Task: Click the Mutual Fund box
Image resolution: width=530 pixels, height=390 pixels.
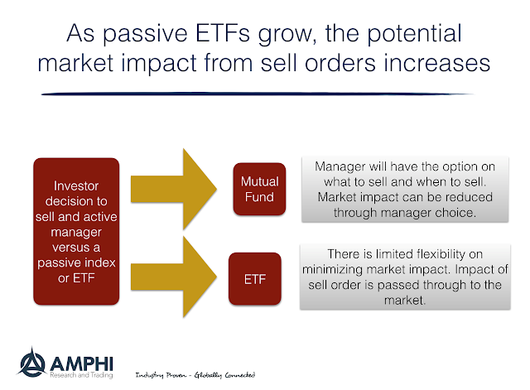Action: (259, 189)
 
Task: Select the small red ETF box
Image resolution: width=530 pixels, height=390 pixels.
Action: (255, 279)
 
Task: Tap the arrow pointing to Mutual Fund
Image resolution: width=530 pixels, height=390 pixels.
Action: (174, 190)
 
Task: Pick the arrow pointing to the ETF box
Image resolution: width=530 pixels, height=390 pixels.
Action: (174, 277)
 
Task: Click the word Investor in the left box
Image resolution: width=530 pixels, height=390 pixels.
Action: (76, 185)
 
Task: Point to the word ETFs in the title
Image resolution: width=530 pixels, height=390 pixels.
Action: (223, 33)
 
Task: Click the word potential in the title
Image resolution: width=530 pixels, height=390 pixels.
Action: (414, 34)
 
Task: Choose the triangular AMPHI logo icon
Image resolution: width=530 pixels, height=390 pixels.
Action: (31, 362)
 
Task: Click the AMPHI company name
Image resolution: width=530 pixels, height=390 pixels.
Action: (81, 364)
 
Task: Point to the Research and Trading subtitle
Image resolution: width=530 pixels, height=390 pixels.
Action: (81, 375)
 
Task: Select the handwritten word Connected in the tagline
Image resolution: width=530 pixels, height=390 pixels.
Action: (240, 375)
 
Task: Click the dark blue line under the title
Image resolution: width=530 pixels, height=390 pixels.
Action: (257, 94)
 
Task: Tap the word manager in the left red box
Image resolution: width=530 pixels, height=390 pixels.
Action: (76, 233)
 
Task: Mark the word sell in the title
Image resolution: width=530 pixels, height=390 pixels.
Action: (279, 63)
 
